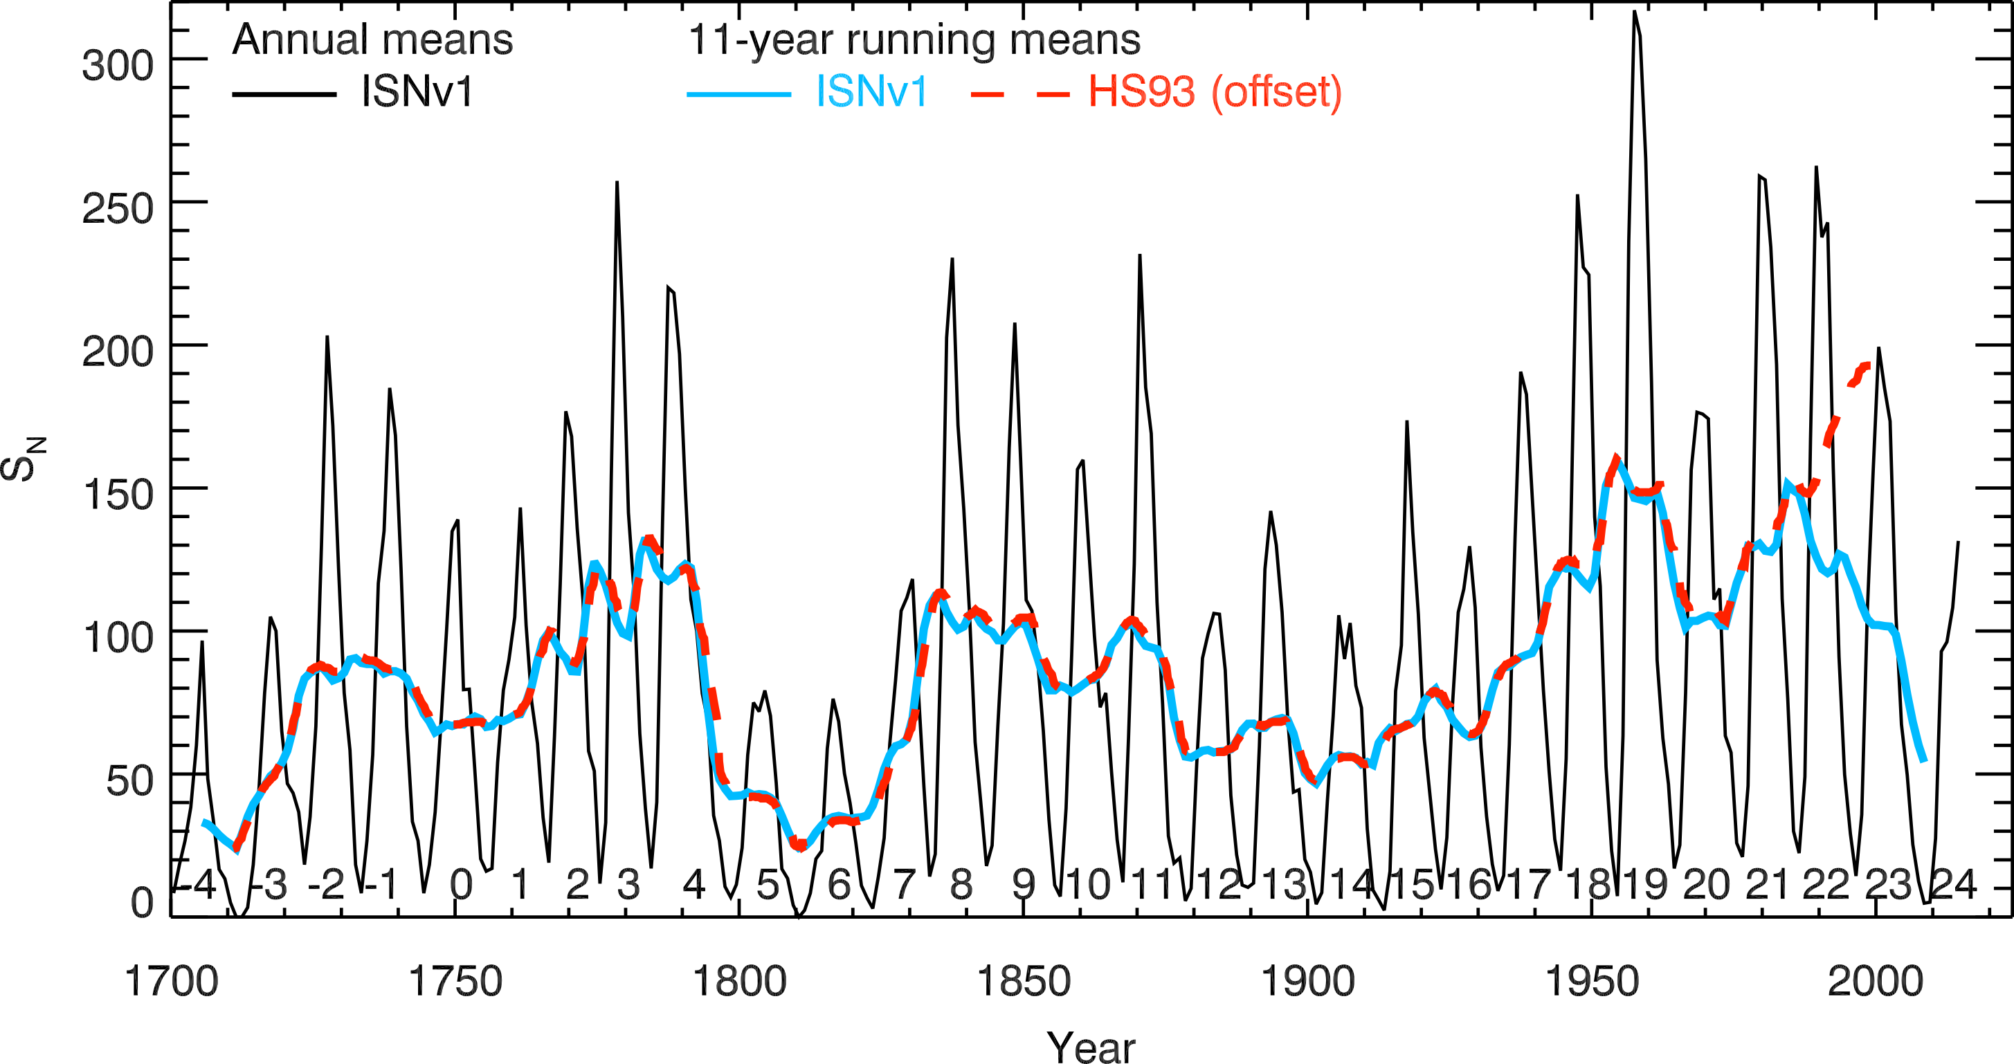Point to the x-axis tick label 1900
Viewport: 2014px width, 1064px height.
(x=1307, y=982)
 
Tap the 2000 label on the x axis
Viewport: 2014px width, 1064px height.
(x=1875, y=982)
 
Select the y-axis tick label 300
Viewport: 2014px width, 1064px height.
(x=118, y=66)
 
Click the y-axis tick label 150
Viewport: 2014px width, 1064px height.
(x=118, y=495)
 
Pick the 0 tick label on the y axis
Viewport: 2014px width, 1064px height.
(x=143, y=903)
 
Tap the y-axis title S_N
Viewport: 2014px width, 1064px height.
(x=24, y=459)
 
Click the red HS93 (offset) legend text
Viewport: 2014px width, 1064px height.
(x=1215, y=92)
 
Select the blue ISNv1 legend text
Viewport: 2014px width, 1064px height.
(x=871, y=92)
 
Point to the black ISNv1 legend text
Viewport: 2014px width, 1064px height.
(x=417, y=92)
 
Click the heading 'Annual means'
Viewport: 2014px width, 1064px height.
(x=372, y=39)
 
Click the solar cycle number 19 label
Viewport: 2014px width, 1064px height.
(x=1645, y=884)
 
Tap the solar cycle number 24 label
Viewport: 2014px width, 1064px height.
(x=1953, y=884)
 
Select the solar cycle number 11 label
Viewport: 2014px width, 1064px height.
(x=1154, y=884)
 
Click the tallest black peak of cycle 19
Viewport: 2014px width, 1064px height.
(x=1634, y=12)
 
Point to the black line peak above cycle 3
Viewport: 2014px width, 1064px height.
(x=617, y=183)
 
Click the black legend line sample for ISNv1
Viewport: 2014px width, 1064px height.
(x=284, y=95)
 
